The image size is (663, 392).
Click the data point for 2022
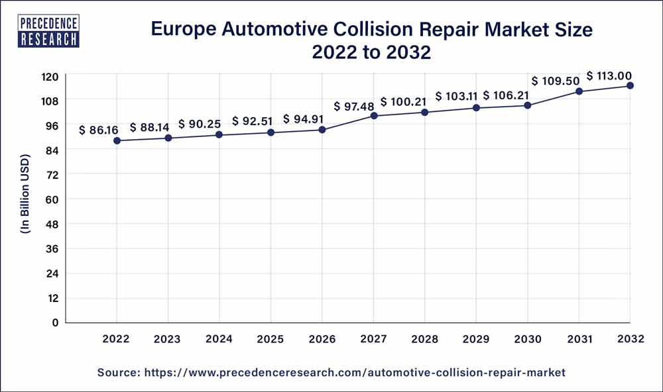[x=117, y=140]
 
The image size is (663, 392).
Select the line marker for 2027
[x=374, y=116]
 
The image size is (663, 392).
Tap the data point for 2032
[x=630, y=85]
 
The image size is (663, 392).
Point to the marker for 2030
[x=528, y=105]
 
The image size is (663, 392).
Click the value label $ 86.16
[x=98, y=130]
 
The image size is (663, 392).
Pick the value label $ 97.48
[x=353, y=106]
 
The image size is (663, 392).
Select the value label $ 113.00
[x=609, y=75]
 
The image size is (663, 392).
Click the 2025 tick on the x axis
[x=271, y=339]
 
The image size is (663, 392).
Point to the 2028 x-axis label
[x=424, y=339]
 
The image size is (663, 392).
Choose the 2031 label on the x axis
[x=578, y=339]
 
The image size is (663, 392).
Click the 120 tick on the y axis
[x=50, y=76]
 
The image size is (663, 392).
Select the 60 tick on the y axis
[x=52, y=199]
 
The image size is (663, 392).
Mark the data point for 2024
[x=219, y=135]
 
